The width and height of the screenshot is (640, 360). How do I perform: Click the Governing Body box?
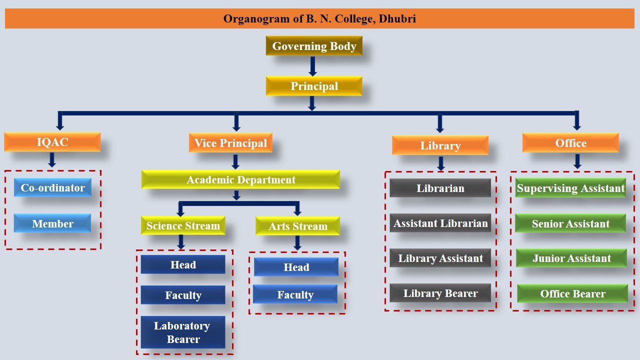(314, 45)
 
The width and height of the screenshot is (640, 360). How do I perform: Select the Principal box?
(314, 86)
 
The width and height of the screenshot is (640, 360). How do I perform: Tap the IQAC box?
(52, 142)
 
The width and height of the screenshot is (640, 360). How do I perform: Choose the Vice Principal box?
(230, 142)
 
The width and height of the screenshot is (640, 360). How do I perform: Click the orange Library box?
(440, 145)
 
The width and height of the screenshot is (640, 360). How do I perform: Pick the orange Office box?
(570, 142)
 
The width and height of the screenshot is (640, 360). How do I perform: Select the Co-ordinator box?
(52, 187)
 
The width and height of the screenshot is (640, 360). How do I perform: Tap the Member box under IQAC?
(52, 223)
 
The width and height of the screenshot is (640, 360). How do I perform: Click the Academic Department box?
(240, 179)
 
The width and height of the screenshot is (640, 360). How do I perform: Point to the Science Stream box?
(183, 225)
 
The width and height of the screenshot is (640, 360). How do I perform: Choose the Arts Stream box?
(297, 226)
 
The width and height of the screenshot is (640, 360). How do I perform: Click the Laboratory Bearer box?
(183, 332)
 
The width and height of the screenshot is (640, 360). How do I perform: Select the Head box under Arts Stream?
(296, 267)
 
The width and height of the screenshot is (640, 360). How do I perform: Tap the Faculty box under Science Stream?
(183, 294)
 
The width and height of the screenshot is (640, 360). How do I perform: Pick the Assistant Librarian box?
(440, 223)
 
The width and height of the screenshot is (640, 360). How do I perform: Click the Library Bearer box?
(440, 293)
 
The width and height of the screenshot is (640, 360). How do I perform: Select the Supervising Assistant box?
(570, 187)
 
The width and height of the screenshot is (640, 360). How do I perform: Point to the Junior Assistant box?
(571, 258)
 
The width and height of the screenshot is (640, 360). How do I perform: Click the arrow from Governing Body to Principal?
(313, 66)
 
